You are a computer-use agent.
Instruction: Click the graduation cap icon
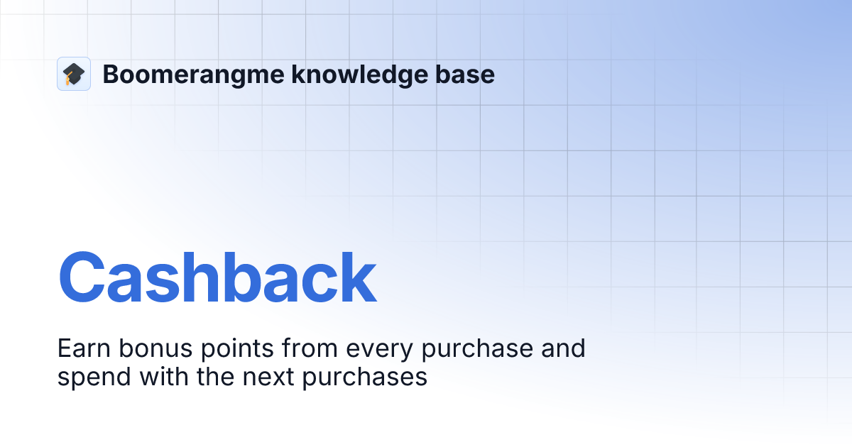click(x=74, y=74)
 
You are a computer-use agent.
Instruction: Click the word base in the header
click(x=467, y=74)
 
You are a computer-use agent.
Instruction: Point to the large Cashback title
click(x=217, y=279)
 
